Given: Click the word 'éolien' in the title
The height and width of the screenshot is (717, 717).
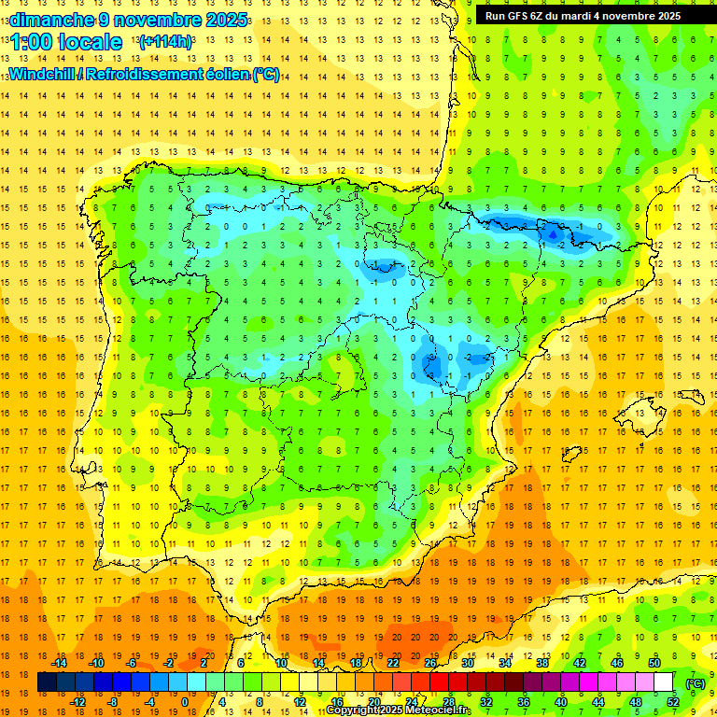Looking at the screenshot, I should pyautogui.click(x=227, y=75).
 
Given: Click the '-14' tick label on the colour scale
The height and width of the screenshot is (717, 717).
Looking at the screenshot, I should pyautogui.click(x=60, y=663).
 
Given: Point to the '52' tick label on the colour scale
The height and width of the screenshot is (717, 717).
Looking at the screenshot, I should pyautogui.click(x=673, y=702).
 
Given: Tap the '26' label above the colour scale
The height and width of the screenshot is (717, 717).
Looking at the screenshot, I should pyautogui.click(x=430, y=663).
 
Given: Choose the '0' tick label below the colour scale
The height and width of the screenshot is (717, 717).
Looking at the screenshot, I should pyautogui.click(x=184, y=702).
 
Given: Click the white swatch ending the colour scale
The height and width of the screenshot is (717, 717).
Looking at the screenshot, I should pyautogui.click(x=664, y=682).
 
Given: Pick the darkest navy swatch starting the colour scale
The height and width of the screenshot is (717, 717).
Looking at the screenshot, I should pyautogui.click(x=47, y=682).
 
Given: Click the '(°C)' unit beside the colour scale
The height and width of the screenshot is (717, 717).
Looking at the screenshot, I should pyautogui.click(x=696, y=682).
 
